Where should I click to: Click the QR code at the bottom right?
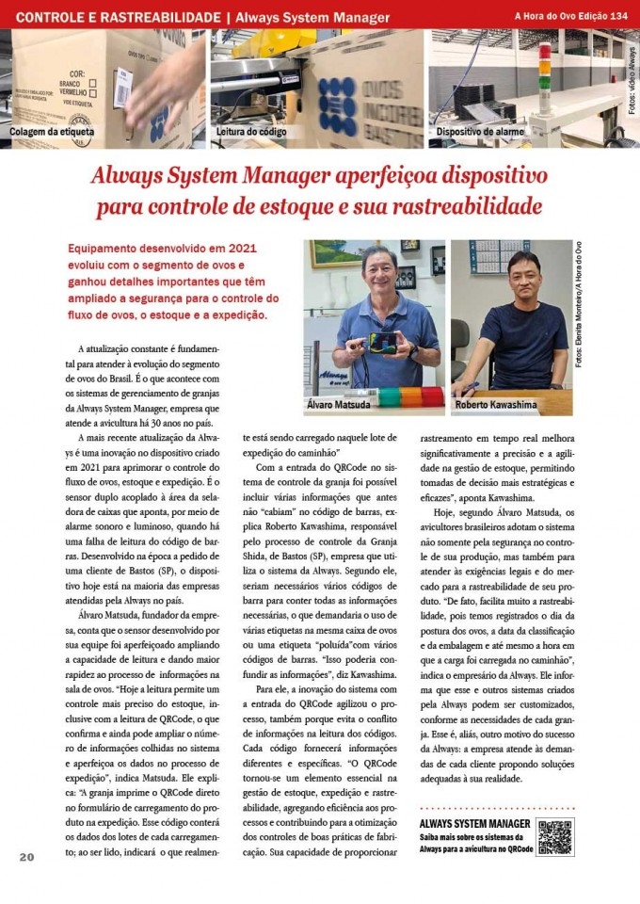(554, 837)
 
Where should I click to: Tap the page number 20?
(25, 856)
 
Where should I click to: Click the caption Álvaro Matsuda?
(341, 404)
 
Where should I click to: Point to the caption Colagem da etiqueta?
(53, 132)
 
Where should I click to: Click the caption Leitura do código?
(251, 132)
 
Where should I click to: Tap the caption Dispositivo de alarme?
(480, 132)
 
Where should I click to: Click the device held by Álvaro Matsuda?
(386, 342)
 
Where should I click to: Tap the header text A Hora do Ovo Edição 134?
(571, 16)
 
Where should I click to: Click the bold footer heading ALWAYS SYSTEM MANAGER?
(474, 824)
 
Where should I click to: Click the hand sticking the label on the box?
(166, 89)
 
